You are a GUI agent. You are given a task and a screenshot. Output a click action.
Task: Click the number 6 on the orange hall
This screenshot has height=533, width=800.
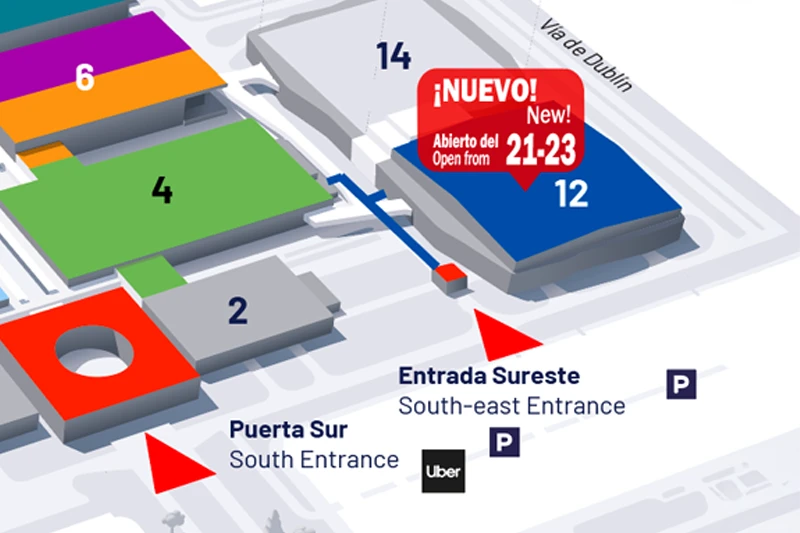tap(85, 77)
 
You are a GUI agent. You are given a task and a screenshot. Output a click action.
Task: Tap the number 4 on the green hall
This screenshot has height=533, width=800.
tap(162, 190)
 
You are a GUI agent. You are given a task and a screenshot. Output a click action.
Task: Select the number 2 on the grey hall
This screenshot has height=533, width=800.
tap(237, 311)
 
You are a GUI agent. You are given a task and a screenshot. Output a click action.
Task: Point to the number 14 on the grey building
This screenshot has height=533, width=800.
tap(394, 57)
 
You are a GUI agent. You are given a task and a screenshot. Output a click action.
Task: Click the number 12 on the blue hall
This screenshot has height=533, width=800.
tap(571, 194)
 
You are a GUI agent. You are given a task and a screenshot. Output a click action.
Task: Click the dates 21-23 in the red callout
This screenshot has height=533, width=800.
tap(541, 151)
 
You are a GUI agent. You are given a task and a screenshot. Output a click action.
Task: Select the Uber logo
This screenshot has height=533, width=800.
tap(442, 471)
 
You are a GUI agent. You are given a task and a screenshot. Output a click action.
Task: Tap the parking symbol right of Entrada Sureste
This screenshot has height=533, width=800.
tap(681, 383)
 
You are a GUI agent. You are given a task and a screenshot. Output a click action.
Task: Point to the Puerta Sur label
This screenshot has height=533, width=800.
tap(288, 430)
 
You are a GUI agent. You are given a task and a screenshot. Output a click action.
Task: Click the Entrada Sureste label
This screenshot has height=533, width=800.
tap(489, 376)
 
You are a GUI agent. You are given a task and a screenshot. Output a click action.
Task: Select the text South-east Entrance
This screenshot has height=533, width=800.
tap(511, 406)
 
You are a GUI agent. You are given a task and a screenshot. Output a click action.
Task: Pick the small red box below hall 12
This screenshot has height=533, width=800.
tap(449, 277)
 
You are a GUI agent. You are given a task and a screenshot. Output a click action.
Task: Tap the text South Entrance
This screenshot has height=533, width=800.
tap(314, 460)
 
